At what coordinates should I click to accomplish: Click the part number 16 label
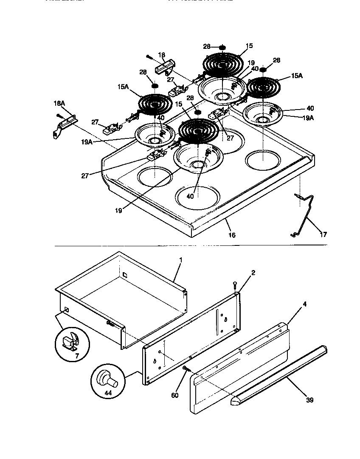pos(232,235)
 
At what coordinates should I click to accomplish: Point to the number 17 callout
pos(323,234)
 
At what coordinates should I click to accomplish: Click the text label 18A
pos(59,103)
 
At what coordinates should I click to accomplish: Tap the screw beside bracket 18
pos(149,56)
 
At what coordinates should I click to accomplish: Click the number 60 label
pos(174,395)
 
